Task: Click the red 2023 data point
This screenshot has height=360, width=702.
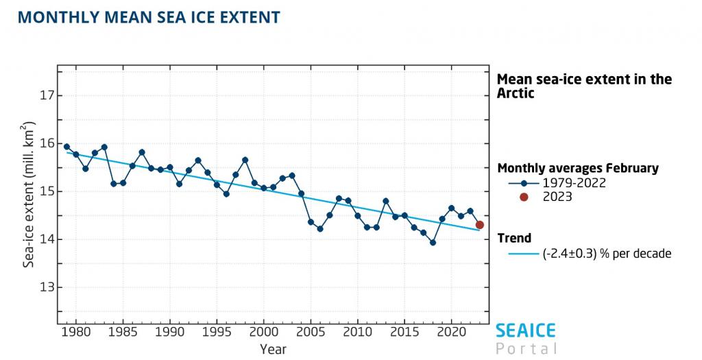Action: tap(480, 225)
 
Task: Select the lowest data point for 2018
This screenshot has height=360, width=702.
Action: tap(433, 243)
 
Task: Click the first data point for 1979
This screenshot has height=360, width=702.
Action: tap(66, 147)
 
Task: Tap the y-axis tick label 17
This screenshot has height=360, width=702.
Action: tap(47, 95)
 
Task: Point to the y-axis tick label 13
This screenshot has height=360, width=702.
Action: tap(47, 287)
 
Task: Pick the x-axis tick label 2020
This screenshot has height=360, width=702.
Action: tap(451, 332)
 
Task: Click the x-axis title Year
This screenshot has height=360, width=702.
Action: tap(273, 349)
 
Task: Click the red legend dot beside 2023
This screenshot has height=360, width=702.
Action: tap(524, 197)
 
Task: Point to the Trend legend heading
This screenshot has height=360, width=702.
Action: tap(514, 238)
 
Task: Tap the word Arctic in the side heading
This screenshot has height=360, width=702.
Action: tap(515, 93)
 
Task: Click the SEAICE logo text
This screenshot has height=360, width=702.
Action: tap(526, 331)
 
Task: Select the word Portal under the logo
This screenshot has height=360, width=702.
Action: tap(526, 349)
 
